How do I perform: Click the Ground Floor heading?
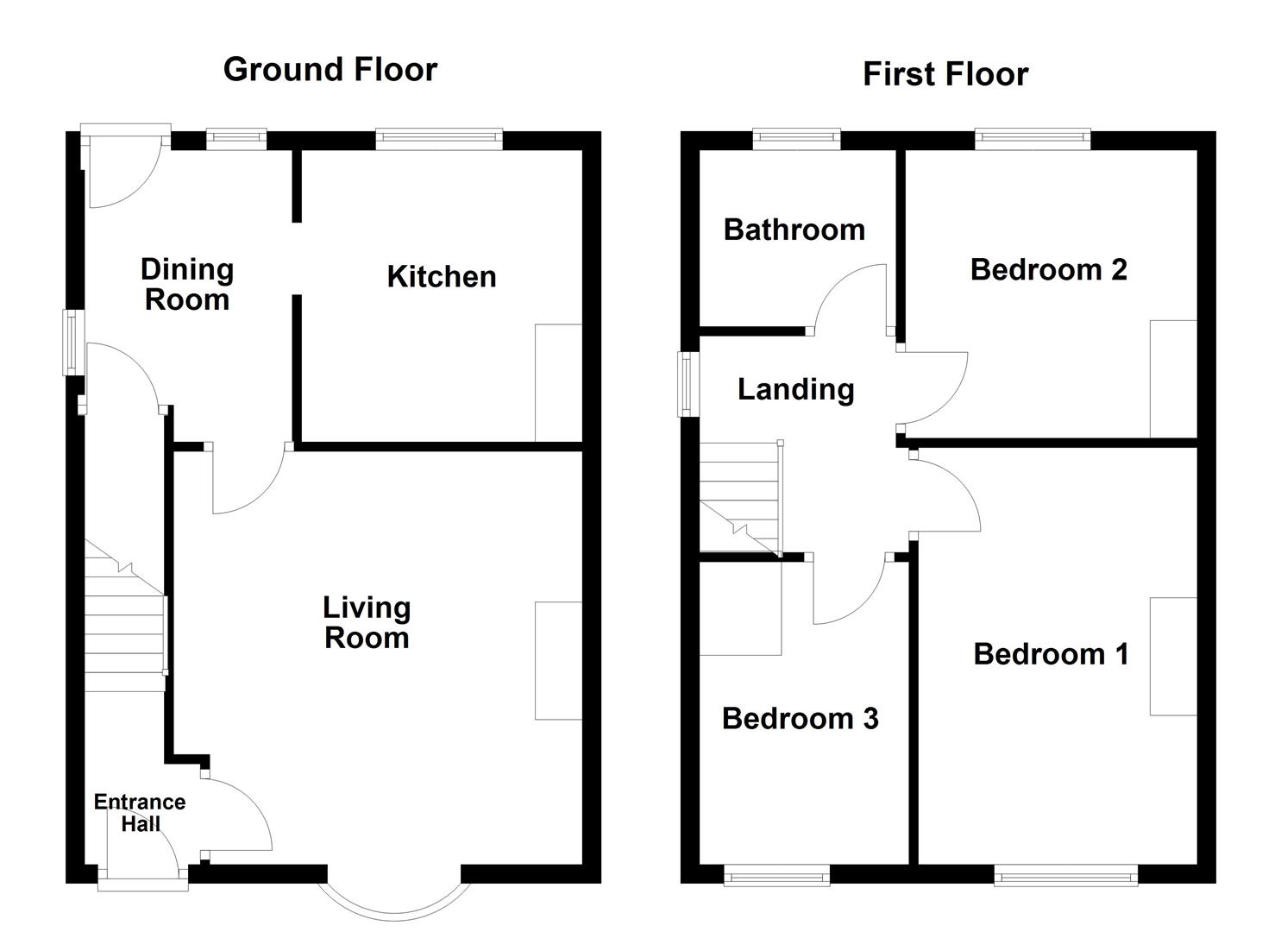[330, 70]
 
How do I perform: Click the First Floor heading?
[945, 75]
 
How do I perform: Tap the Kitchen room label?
[441, 277]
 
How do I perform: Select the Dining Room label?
[187, 285]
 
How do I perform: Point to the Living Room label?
[367, 623]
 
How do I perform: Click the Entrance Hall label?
[140, 813]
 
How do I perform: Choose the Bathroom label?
[794, 230]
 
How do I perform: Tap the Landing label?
[795, 390]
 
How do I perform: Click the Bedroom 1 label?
[1050, 654]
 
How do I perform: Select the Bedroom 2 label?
[1048, 270]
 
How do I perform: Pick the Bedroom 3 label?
[800, 719]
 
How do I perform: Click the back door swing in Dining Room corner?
[121, 168]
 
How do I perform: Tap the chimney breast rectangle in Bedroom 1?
[1172, 656]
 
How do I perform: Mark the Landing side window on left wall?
[688, 384]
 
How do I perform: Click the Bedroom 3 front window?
[776, 877]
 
